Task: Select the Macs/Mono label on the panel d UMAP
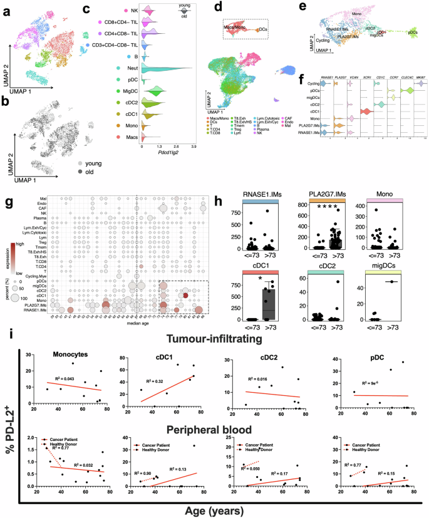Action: (x=234, y=27)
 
